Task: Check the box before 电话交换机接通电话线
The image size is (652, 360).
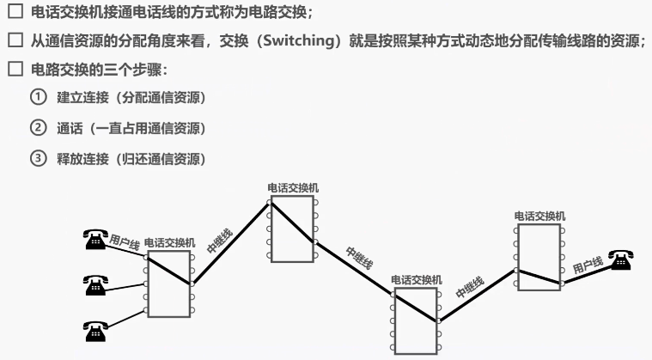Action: click(15, 11)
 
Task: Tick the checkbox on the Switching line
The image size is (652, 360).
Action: click(15, 40)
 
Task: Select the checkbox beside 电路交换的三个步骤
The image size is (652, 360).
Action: click(15, 69)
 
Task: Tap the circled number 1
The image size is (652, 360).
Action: click(39, 97)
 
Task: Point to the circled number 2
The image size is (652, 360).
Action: click(39, 127)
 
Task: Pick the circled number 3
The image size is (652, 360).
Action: click(39, 158)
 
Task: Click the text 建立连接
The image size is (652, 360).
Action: click(82, 97)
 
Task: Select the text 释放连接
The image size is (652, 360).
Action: click(82, 158)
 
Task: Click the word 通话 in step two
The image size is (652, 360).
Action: click(70, 128)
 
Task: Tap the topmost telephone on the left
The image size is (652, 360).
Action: click(95, 239)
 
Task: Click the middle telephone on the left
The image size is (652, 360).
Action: click(95, 285)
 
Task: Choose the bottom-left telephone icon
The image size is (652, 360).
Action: click(95, 332)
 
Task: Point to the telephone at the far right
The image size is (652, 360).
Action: click(621, 260)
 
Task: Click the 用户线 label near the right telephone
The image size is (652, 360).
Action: click(588, 265)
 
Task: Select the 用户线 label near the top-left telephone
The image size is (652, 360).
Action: click(124, 242)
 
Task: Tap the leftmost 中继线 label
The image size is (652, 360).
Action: click(220, 241)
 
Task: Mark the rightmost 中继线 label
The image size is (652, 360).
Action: click(470, 287)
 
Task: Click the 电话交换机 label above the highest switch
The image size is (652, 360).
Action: click(293, 188)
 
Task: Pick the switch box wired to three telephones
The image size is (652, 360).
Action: click(169, 284)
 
